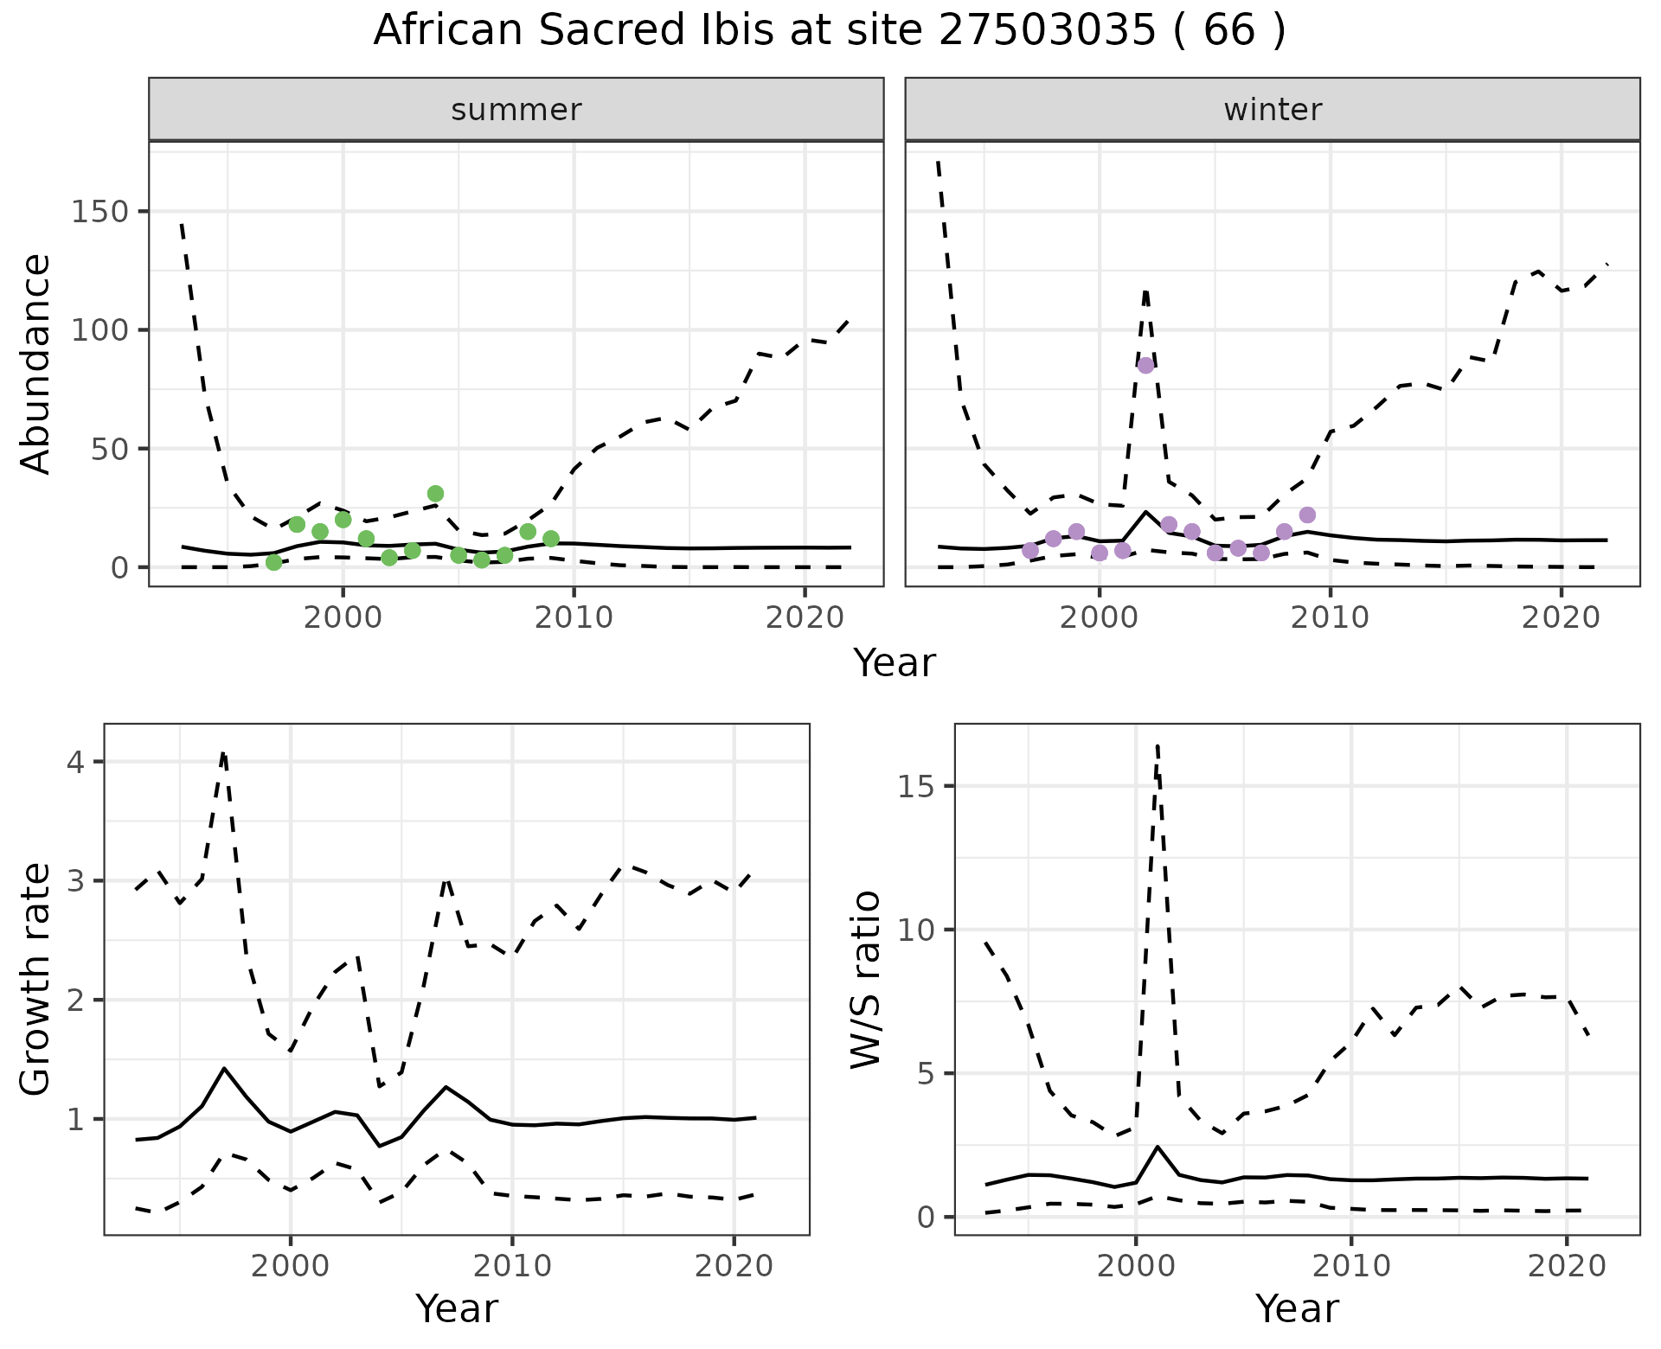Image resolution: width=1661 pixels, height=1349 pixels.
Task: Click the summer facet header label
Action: point(516,110)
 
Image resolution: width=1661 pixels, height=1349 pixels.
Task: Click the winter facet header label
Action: point(1272,110)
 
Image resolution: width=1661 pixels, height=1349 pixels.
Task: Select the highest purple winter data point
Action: point(1145,365)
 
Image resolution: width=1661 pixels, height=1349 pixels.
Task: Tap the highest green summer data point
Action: point(435,494)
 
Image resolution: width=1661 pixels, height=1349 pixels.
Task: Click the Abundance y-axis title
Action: point(36,363)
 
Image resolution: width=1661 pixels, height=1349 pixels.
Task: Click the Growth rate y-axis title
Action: point(36,979)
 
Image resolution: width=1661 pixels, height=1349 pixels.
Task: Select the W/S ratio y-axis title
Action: point(865,979)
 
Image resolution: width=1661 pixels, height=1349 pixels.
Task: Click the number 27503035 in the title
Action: point(1046,31)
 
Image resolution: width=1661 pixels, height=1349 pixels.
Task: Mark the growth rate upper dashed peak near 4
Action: point(223,753)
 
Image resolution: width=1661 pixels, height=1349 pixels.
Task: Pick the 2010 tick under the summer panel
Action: point(574,617)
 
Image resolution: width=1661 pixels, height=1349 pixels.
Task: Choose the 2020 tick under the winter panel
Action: point(1561,617)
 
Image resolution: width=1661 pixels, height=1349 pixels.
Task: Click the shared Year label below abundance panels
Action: point(895,663)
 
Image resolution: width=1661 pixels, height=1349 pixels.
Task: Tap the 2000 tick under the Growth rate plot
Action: point(291,1266)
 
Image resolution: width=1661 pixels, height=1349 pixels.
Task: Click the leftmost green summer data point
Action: point(273,562)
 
